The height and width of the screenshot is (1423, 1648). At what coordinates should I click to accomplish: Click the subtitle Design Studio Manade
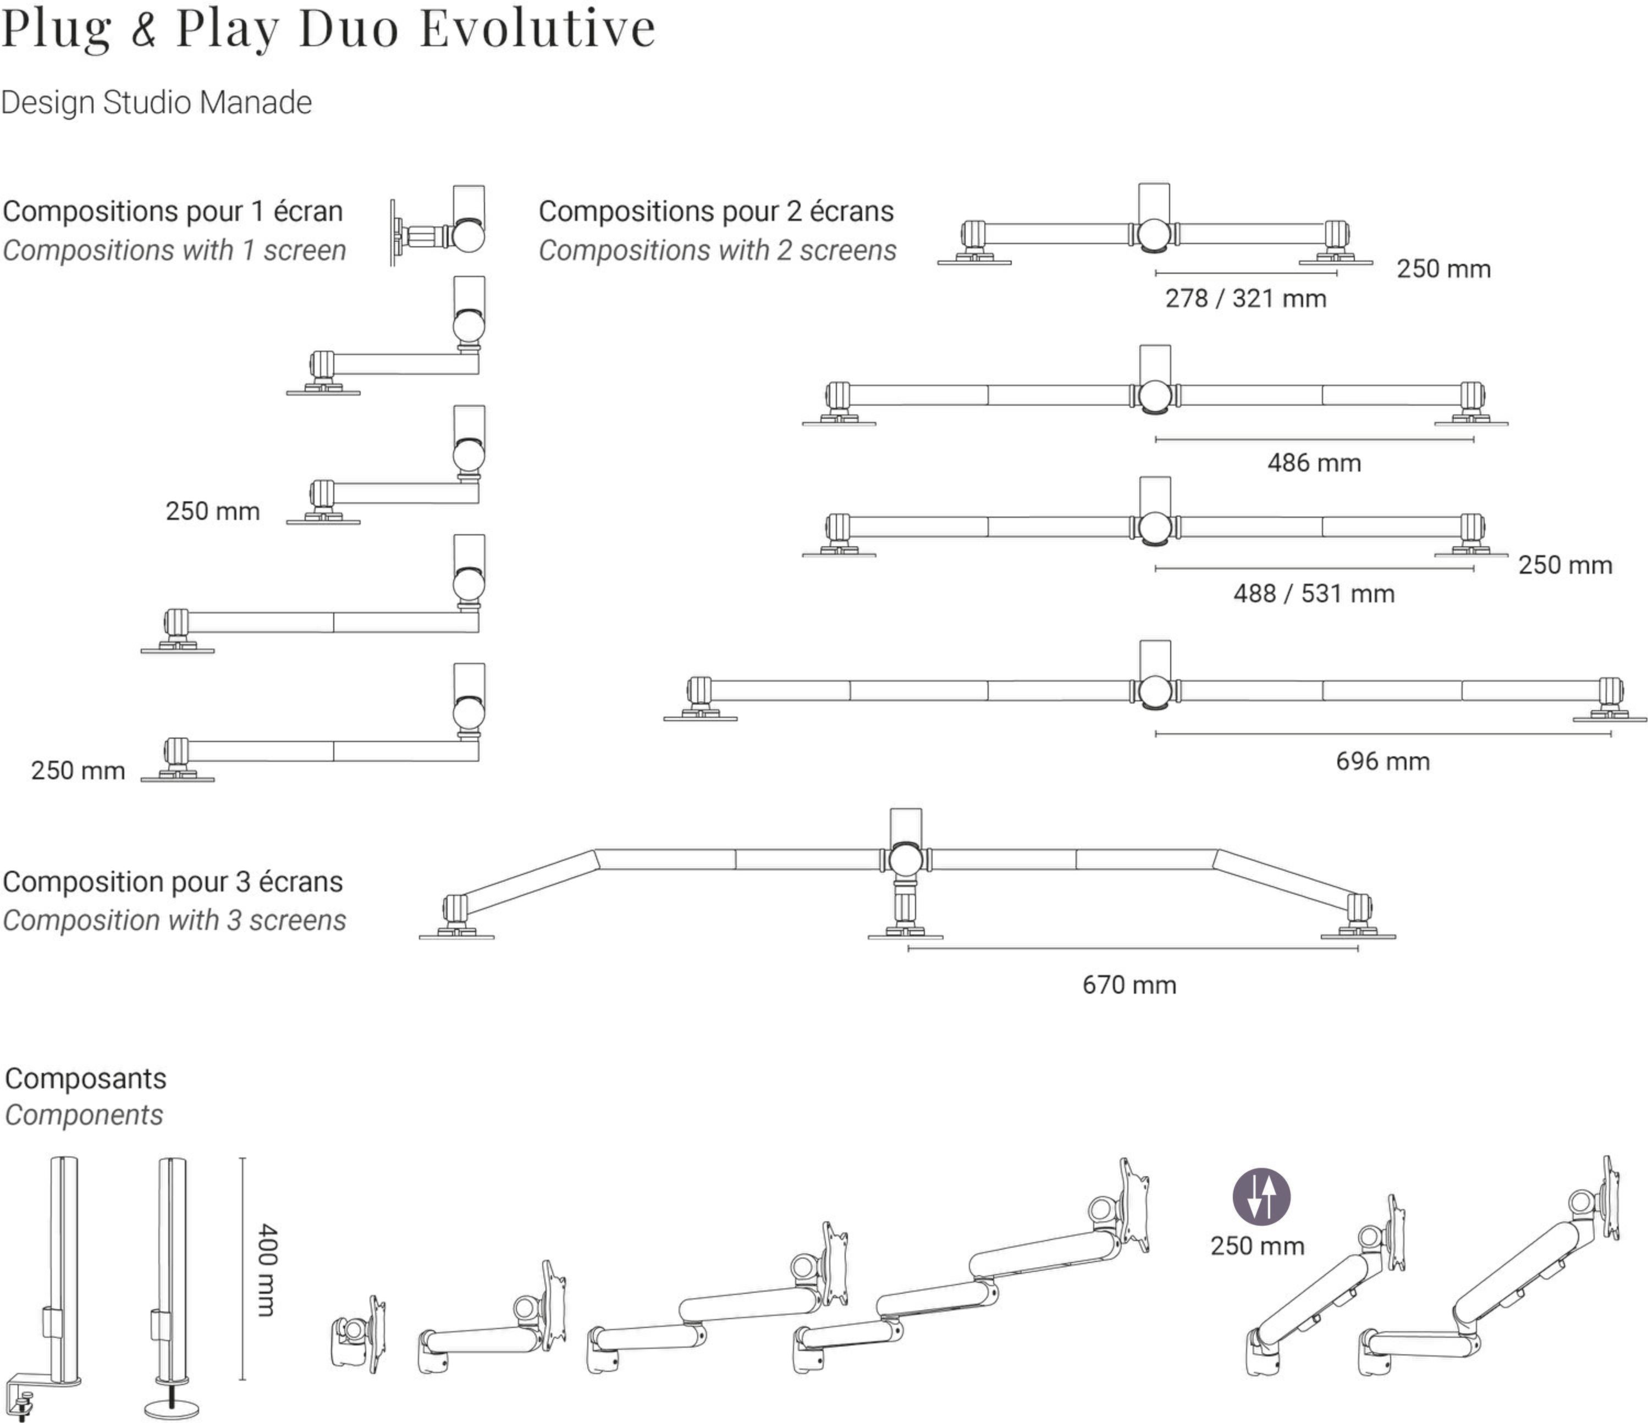tap(156, 103)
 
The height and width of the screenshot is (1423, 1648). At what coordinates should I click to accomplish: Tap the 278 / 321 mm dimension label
tap(1245, 299)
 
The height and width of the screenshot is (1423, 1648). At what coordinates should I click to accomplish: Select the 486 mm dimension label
tap(1314, 463)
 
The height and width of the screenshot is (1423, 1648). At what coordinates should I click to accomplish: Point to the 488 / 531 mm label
tap(1314, 594)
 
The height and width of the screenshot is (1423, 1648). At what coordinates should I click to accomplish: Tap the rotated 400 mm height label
tap(268, 1270)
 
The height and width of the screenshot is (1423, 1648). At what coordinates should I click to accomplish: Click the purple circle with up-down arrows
tap(1261, 1197)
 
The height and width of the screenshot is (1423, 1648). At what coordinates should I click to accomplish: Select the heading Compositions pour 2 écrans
tap(716, 212)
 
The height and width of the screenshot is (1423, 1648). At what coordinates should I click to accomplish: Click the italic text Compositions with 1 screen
tap(174, 251)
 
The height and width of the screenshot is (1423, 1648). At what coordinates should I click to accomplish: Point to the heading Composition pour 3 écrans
tap(173, 882)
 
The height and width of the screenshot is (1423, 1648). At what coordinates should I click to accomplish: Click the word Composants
tap(86, 1079)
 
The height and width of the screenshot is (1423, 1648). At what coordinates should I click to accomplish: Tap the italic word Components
tap(84, 1115)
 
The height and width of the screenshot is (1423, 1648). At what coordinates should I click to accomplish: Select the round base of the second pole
tap(172, 1408)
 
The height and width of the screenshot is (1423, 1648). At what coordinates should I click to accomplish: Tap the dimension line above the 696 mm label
tap(1382, 734)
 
